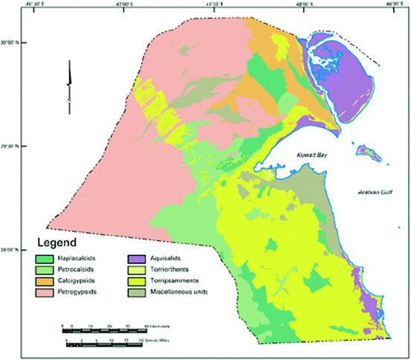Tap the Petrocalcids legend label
[84, 269]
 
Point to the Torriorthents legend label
[175, 269]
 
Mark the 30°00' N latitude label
[16, 42]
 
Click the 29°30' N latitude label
[16, 147]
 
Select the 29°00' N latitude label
[16, 250]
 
